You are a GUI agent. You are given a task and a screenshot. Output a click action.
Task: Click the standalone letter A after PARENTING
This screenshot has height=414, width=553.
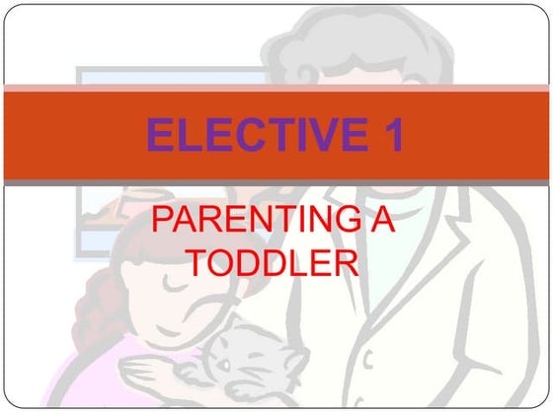click(x=380, y=221)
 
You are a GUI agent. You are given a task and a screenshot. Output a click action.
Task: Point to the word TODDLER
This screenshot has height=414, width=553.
click(x=273, y=261)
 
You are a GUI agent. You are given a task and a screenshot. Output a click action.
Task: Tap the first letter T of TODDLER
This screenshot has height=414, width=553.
click(x=200, y=261)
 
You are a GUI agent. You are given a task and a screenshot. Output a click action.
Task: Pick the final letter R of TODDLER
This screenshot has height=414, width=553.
click(x=345, y=261)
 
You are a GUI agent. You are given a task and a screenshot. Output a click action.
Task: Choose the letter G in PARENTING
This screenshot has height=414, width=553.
click(x=337, y=221)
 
